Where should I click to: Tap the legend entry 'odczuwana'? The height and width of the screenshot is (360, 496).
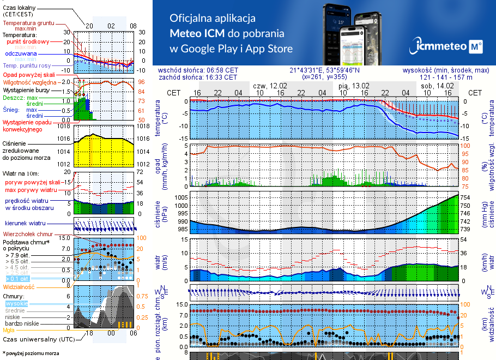[21, 54]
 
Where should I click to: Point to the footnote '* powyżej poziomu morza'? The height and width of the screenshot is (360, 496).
[31, 353]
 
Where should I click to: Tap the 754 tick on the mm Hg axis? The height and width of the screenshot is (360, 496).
[464, 197]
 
